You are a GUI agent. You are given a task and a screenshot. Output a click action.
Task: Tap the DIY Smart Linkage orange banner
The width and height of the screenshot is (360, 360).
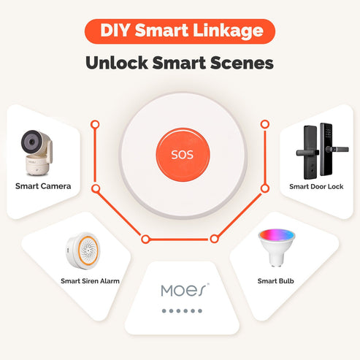[180, 31]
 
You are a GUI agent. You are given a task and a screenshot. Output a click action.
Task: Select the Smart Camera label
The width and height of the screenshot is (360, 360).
[43, 186]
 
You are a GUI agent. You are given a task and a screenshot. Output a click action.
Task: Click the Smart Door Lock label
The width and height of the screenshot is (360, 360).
[315, 186]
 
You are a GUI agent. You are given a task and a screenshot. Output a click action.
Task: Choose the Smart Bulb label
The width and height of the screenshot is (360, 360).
[275, 280]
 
